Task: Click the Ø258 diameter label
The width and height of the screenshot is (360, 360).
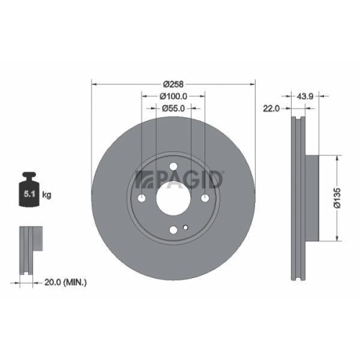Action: pos(173,84)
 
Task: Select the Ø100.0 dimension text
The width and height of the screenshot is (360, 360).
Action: pos(173,96)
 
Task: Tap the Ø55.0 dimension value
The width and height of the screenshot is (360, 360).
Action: pos(173,108)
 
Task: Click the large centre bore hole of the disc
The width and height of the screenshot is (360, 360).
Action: pos(173,199)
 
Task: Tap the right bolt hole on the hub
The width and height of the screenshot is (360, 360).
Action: pos(204,199)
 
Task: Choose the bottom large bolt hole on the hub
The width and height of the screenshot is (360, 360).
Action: pos(173,230)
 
